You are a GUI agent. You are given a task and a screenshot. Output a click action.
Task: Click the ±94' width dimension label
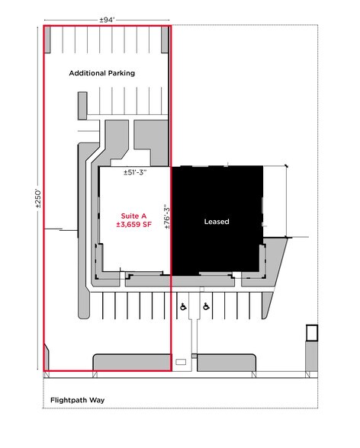pyautogui.click(x=108, y=20)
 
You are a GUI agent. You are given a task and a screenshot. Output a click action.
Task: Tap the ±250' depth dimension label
pyautogui.click(x=38, y=198)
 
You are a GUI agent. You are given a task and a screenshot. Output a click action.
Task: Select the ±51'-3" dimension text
pyautogui.click(x=135, y=172)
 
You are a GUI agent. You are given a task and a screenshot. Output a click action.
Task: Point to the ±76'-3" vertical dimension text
pyautogui.click(x=167, y=216)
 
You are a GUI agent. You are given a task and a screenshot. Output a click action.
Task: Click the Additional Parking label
pyautogui.click(x=101, y=73)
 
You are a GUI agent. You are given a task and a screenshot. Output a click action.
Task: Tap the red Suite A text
pyautogui.click(x=133, y=216)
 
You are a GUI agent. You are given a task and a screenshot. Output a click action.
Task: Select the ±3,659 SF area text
pyautogui.click(x=133, y=225)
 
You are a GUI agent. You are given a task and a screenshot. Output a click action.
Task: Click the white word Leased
pyautogui.click(x=217, y=222)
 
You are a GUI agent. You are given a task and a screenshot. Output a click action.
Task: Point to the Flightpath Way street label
pyautogui.click(x=77, y=400)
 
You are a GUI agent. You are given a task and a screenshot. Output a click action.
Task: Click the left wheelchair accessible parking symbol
pyautogui.click(x=183, y=307)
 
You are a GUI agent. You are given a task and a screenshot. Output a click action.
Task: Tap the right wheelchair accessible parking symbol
pyautogui.click(x=206, y=306)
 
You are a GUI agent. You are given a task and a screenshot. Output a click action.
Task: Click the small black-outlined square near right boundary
pyautogui.click(x=312, y=333)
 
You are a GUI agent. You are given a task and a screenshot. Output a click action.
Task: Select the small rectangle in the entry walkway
pyautogui.click(x=181, y=362)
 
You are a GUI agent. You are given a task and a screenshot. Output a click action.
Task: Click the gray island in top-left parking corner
pyautogui.click(x=47, y=40)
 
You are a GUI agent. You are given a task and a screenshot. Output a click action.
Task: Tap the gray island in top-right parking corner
pyautogui.click(x=165, y=40)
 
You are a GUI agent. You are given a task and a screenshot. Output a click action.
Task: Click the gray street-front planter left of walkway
pyautogui.click(x=132, y=363)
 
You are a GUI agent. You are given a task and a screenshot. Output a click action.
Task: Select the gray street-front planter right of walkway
pyautogui.click(x=227, y=363)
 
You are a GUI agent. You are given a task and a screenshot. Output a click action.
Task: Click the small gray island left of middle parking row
pyautogui.click(x=82, y=106)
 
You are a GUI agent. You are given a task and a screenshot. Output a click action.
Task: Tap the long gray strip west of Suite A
pyautogui.click(x=85, y=230)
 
